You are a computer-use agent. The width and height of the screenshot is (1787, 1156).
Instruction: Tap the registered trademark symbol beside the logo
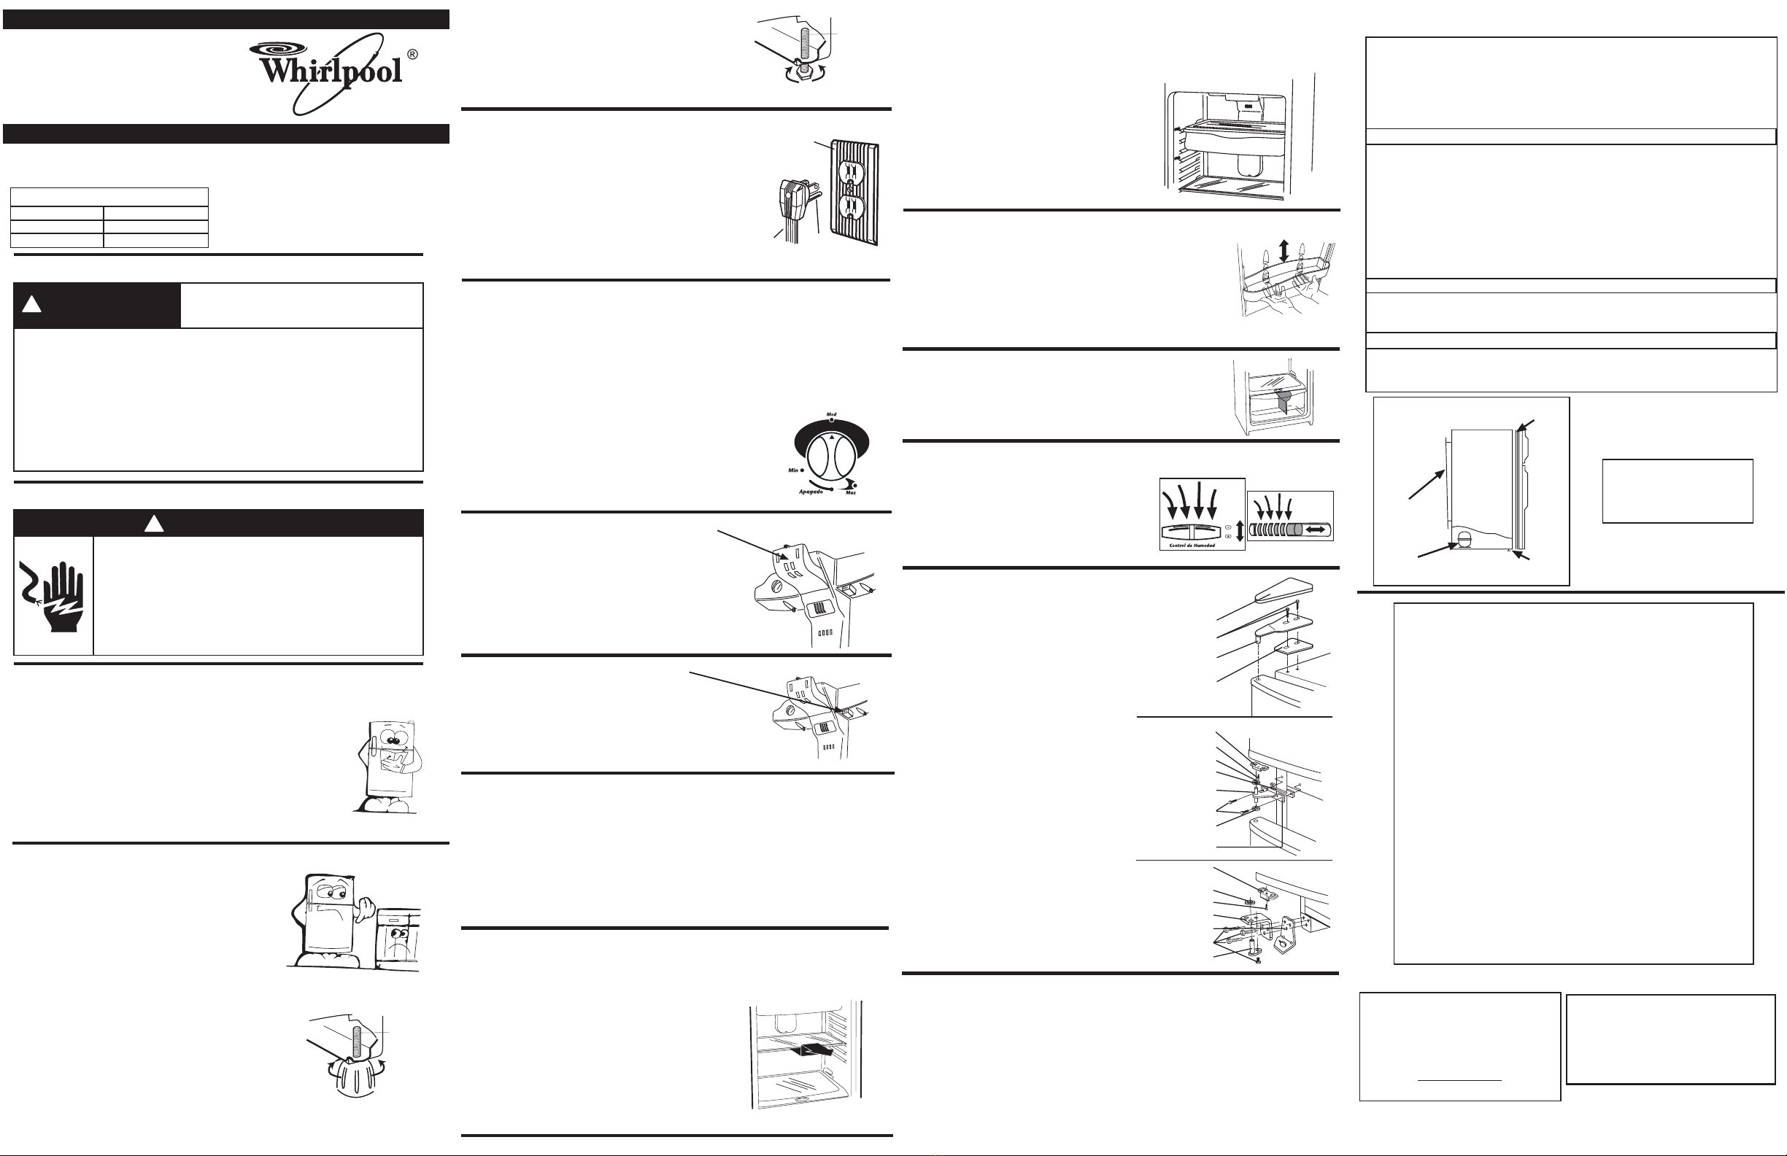pyautogui.click(x=412, y=55)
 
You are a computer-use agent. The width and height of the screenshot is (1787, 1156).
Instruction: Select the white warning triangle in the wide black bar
pyautogui.click(x=154, y=523)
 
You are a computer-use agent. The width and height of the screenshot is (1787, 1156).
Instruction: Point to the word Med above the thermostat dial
pyautogui.click(x=831, y=414)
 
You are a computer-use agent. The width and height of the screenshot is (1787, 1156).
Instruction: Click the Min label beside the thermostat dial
pyautogui.click(x=793, y=470)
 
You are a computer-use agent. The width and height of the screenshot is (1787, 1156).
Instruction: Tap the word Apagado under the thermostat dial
pyautogui.click(x=811, y=492)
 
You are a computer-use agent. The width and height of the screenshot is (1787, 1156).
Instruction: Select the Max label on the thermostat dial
pyautogui.click(x=851, y=492)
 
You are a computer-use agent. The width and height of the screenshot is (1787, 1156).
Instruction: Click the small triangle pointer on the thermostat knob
pyautogui.click(x=831, y=436)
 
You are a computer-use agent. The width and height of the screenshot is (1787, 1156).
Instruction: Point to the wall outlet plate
pyautogui.click(x=854, y=194)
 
